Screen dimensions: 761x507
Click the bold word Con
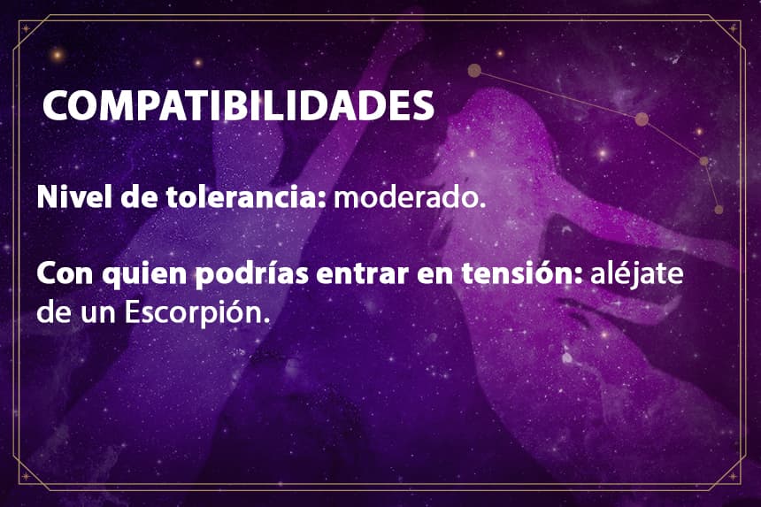(x=65, y=273)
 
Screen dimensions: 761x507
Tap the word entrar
(x=362, y=274)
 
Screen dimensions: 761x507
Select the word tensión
(x=518, y=273)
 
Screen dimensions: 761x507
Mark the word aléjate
(x=637, y=274)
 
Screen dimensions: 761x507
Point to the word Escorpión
(x=193, y=314)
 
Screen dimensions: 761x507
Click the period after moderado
(x=482, y=205)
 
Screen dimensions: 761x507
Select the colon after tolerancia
(x=322, y=199)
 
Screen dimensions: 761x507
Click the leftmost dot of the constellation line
(x=474, y=71)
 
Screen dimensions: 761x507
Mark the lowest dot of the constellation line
(x=719, y=210)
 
